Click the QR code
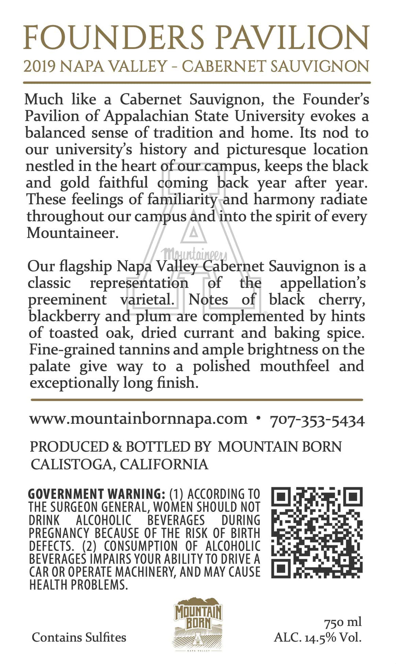(317, 533)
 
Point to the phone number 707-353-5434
(317, 420)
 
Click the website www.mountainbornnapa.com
(139, 419)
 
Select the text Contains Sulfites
(79, 638)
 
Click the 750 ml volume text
(343, 622)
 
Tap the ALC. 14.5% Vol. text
(318, 638)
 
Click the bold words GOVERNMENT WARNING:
(96, 494)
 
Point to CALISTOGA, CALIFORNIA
(119, 464)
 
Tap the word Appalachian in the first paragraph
(146, 116)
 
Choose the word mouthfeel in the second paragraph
(295, 366)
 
